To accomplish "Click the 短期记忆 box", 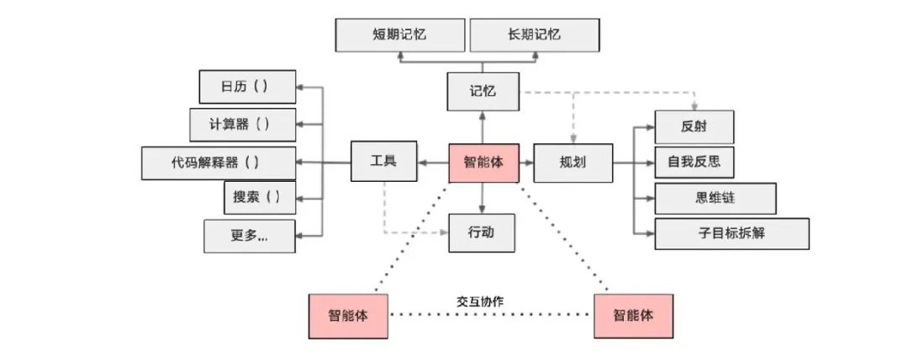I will pyautogui.click(x=400, y=35).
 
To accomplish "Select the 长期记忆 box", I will pyautogui.click(x=534, y=35).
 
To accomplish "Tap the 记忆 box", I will pyautogui.click(x=483, y=91).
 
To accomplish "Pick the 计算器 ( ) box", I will pyautogui.click(x=242, y=124).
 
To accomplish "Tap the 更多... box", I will pyautogui.click(x=249, y=236).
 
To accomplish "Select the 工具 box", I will pyautogui.click(x=383, y=161).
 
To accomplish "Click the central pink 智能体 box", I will pyautogui.click(x=483, y=162).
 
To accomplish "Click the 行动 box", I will pyautogui.click(x=482, y=232).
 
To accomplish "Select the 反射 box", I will pyautogui.click(x=694, y=127).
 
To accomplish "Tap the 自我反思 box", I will pyautogui.click(x=694, y=161).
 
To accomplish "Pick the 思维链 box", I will pyautogui.click(x=715, y=198).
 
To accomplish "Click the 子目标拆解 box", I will pyautogui.click(x=731, y=234).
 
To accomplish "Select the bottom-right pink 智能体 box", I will pyautogui.click(x=632, y=316).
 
